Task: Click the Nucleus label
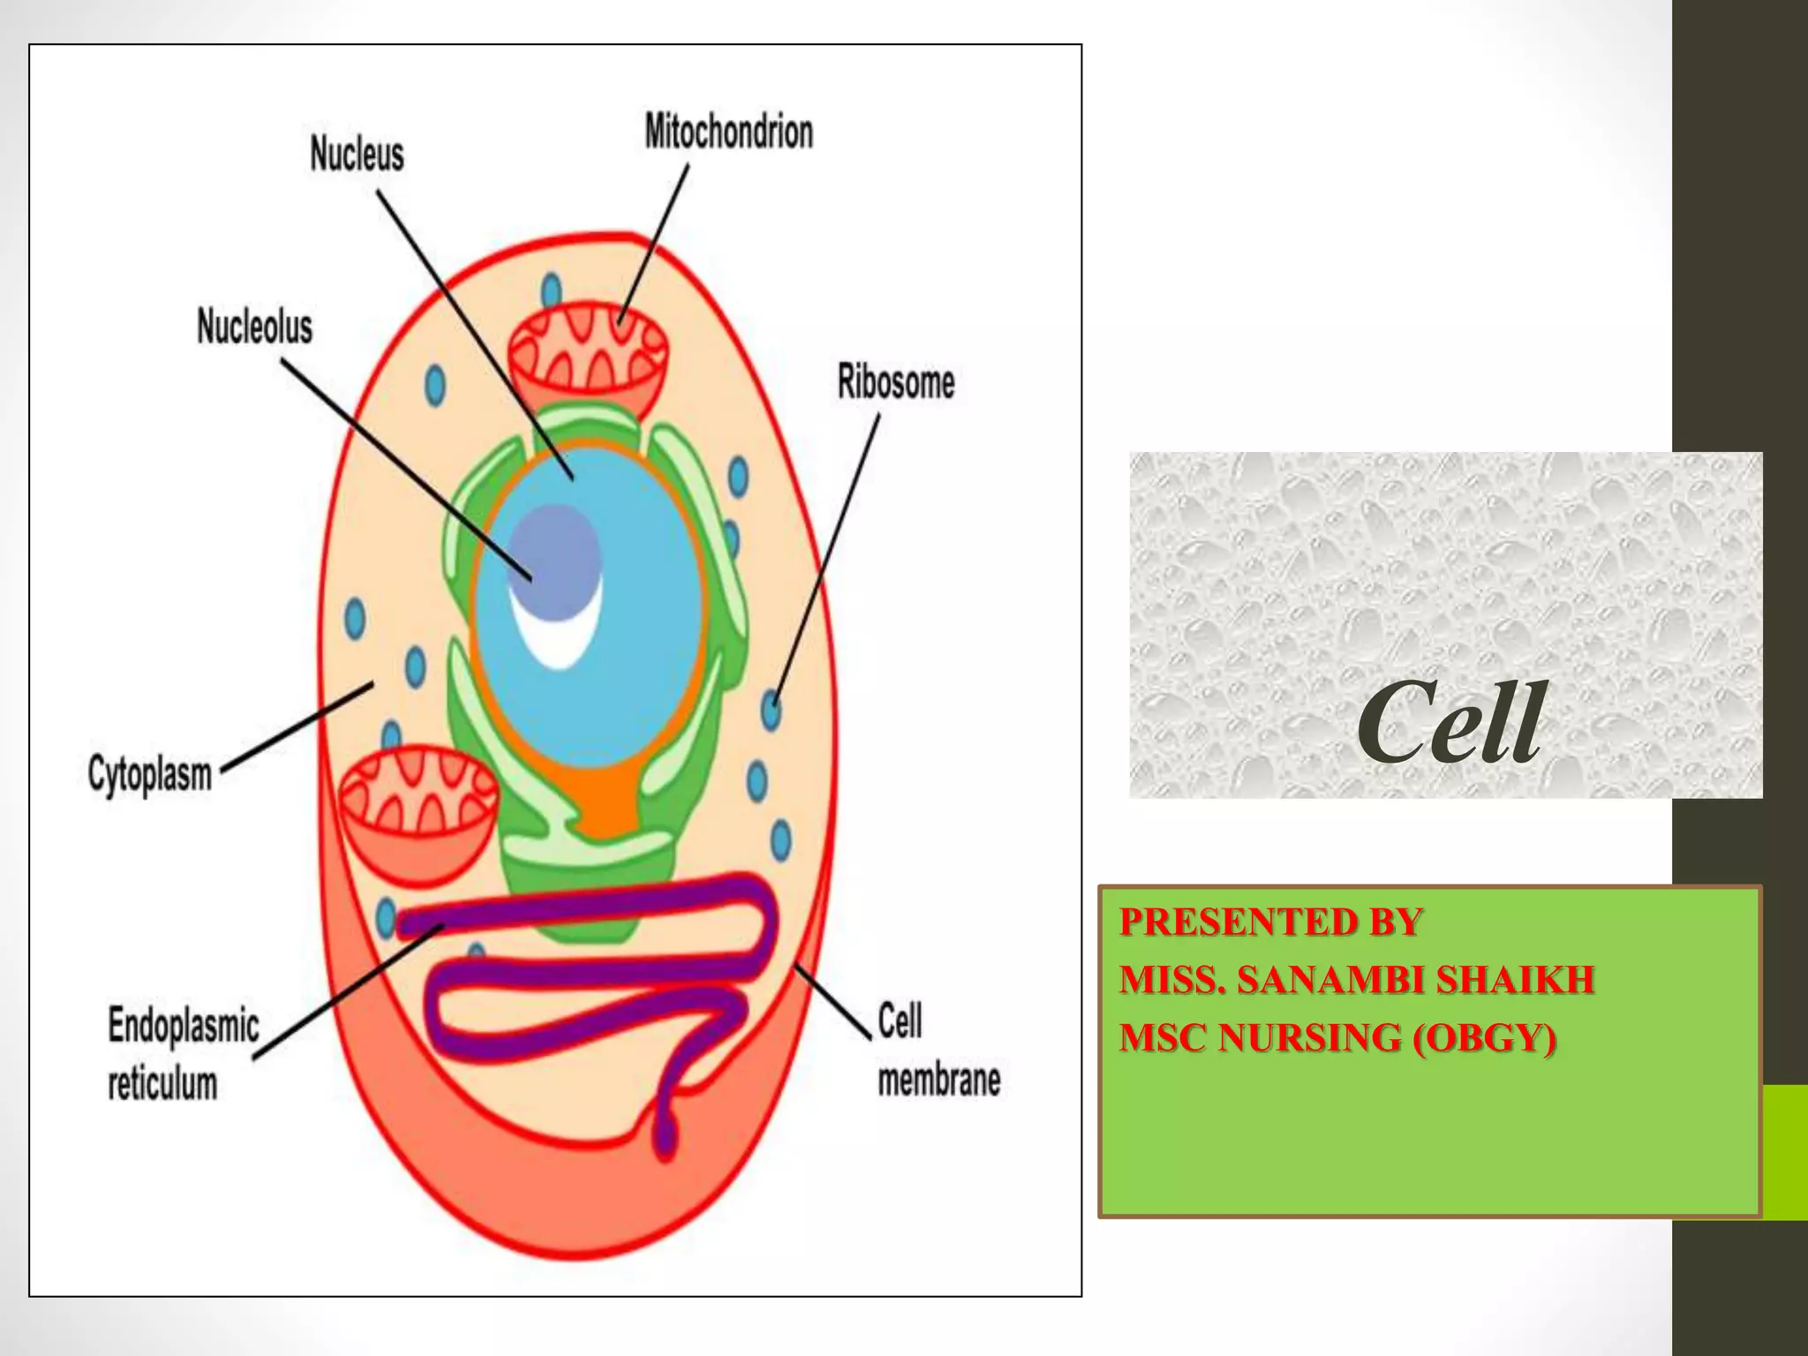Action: [357, 154]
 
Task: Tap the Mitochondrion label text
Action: [728, 132]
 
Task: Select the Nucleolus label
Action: [254, 327]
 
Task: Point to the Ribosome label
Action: [896, 382]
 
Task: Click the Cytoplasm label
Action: [150, 774]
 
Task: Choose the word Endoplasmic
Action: [184, 1027]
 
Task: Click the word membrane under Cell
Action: [939, 1080]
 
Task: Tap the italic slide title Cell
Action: [1450, 724]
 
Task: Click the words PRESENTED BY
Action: [1270, 922]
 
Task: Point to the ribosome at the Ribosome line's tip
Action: [772, 709]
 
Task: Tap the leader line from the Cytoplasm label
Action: [297, 728]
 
